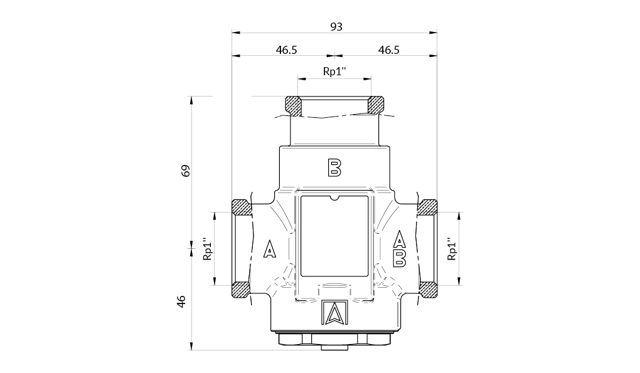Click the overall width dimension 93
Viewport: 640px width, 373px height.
(x=336, y=27)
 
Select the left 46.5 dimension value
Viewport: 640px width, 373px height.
(x=286, y=50)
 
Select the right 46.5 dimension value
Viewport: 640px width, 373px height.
(x=388, y=50)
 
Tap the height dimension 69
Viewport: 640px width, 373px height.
(x=186, y=171)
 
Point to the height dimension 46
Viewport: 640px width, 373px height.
(x=181, y=302)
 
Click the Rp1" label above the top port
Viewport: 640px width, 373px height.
(x=334, y=71)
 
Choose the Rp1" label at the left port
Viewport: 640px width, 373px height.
(x=208, y=249)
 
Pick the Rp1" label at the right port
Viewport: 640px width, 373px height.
(x=451, y=249)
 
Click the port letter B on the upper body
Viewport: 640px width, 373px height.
(x=334, y=167)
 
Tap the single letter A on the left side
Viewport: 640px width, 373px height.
(x=269, y=249)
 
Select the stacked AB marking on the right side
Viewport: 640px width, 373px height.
(x=400, y=248)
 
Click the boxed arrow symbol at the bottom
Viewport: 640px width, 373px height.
(x=334, y=313)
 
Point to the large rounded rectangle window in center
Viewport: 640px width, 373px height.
(x=334, y=236)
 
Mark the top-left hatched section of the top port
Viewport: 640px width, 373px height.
(x=293, y=106)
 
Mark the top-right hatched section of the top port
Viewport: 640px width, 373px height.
(x=376, y=105)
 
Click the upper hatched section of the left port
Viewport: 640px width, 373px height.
(x=242, y=208)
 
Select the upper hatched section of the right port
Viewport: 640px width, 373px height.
(x=428, y=208)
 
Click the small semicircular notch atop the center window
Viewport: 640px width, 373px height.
(x=334, y=198)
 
